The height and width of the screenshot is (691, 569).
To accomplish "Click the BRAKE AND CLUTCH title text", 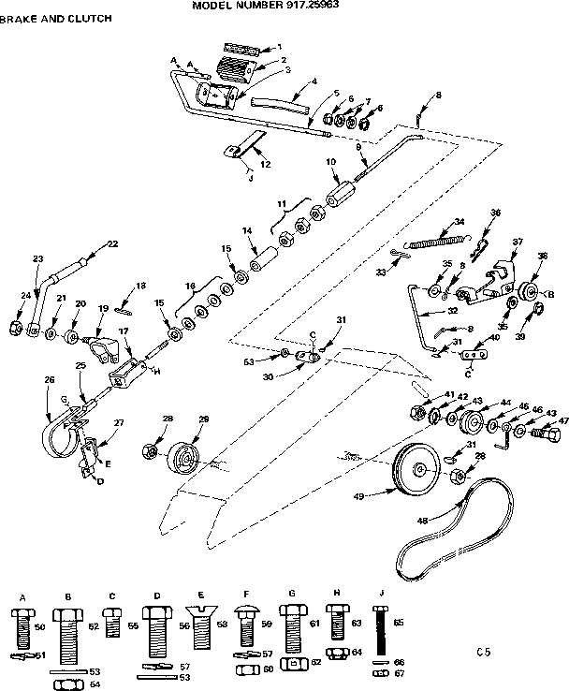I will click(44, 18).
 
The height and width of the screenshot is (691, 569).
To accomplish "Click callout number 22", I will click(112, 243).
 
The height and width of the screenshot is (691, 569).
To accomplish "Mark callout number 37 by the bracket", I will click(516, 243).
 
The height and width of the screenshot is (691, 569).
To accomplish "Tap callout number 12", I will click(265, 165).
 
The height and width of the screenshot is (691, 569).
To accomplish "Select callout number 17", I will click(123, 332).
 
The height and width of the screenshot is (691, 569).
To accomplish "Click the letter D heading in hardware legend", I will click(158, 594).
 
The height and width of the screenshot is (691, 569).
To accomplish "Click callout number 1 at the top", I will click(279, 46).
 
